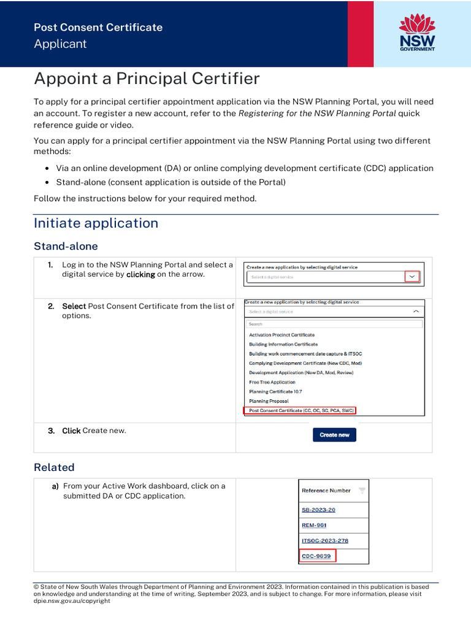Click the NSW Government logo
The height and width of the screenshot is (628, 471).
(417, 33)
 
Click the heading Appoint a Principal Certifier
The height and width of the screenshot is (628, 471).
(147, 78)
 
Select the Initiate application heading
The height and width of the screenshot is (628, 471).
(96, 223)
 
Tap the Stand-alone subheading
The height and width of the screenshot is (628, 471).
(66, 247)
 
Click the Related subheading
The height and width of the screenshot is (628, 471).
(54, 467)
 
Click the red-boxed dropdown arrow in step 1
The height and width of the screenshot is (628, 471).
(412, 277)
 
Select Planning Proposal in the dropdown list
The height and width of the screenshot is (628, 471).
(269, 401)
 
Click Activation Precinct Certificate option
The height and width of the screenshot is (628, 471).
(281, 335)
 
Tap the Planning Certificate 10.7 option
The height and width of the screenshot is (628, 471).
(275, 391)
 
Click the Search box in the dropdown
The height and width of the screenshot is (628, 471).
(334, 324)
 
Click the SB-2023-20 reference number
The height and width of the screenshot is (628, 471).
(318, 510)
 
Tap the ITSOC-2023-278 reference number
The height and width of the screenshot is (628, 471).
(325, 541)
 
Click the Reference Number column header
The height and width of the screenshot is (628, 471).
(326, 491)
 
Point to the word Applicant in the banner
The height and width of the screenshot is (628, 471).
(60, 44)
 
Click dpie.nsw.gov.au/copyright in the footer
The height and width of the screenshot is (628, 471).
(72, 601)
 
